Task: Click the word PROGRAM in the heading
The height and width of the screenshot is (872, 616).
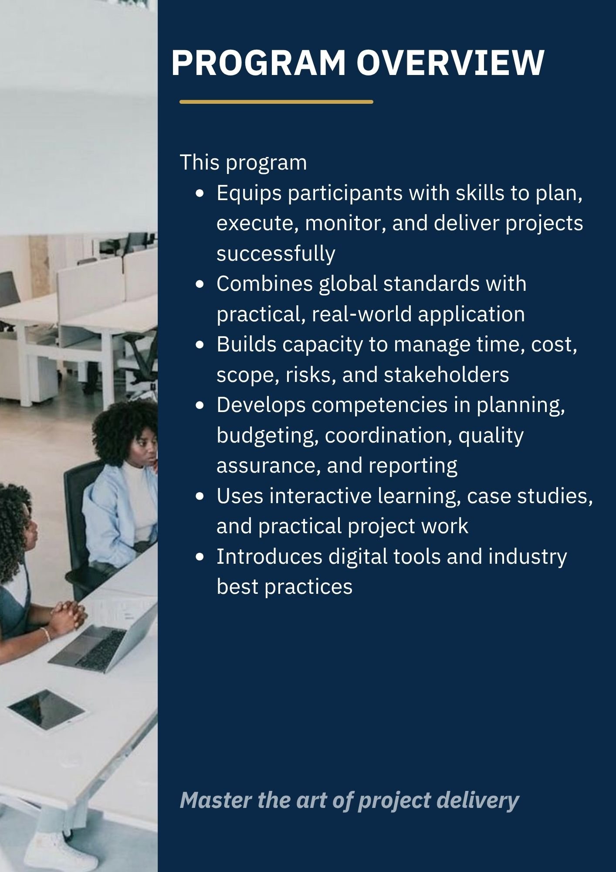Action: click(259, 62)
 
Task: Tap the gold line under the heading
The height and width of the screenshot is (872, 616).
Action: click(276, 102)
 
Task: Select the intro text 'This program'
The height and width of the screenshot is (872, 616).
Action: click(243, 163)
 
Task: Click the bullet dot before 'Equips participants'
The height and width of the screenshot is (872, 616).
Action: click(200, 193)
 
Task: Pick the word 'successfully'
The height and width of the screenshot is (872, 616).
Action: click(276, 254)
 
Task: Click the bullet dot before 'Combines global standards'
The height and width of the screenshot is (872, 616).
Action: click(200, 284)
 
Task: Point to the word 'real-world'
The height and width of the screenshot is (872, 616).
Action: click(361, 314)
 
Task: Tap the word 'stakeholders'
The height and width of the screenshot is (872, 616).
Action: click(446, 375)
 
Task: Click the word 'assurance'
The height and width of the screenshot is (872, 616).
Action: click(268, 466)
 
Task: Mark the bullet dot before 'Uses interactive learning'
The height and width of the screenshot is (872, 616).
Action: click(200, 496)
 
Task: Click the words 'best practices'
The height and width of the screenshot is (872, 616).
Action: click(284, 587)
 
